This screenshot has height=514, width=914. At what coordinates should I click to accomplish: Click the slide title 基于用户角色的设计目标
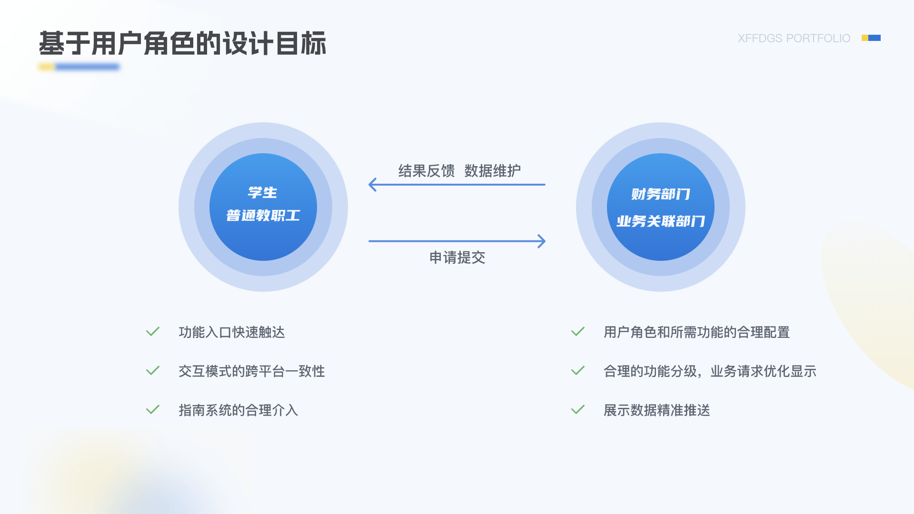(183, 43)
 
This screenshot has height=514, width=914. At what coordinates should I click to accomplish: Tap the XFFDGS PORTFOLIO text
(794, 38)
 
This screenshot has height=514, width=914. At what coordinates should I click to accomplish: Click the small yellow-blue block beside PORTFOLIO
(871, 38)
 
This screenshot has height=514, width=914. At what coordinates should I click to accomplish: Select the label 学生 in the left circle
(262, 193)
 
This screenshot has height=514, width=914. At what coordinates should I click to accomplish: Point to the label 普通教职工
(263, 216)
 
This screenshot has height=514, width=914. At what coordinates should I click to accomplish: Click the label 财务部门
(660, 194)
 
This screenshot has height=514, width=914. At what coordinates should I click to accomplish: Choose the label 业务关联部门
(660, 221)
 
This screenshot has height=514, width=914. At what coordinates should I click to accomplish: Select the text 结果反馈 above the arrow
(427, 171)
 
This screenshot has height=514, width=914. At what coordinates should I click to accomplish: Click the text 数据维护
(493, 171)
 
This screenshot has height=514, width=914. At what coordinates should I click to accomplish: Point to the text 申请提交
(457, 257)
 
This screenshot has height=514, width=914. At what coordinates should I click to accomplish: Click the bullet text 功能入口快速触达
(232, 332)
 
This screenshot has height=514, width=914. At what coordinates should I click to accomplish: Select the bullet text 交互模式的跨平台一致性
(252, 371)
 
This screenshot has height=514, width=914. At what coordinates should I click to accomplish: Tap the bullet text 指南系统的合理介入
(238, 410)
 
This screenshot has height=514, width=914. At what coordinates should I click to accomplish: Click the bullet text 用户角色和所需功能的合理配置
(697, 332)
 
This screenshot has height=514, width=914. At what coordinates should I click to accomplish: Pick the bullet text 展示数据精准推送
(657, 410)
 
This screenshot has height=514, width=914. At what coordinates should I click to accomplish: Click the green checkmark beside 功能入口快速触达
(152, 332)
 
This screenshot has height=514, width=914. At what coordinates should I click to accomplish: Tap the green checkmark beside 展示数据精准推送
(577, 410)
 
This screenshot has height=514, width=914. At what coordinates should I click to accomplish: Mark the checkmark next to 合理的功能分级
(577, 371)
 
